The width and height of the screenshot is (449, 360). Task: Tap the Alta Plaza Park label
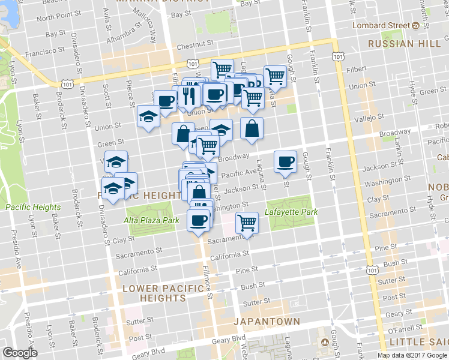click(x=153, y=220)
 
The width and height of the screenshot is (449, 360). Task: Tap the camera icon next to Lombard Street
click(x=415, y=25)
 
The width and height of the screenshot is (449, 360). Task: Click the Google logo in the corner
click(x=20, y=353)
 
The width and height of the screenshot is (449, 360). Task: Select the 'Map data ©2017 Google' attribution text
click(x=412, y=355)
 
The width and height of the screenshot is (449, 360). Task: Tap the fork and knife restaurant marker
click(x=188, y=96)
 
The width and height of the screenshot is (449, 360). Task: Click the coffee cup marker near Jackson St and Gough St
click(x=285, y=161)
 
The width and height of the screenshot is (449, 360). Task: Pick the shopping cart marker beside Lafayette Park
click(x=247, y=223)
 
